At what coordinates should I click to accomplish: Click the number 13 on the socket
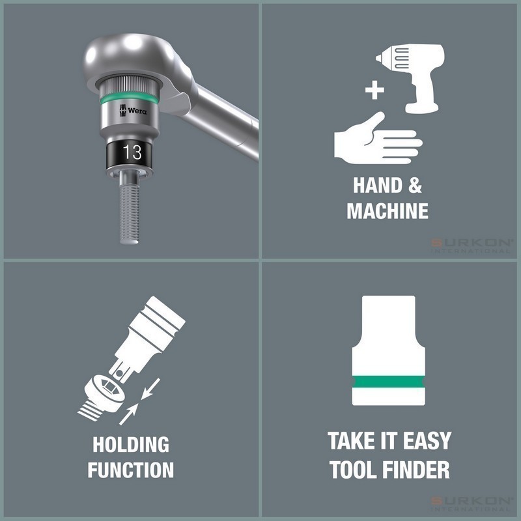coord(132,153)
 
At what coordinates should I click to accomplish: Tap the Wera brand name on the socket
coord(136,111)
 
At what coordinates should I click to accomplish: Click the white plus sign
coord(374,91)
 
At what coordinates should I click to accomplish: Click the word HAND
coord(378,186)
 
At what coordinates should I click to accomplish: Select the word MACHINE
coord(387,211)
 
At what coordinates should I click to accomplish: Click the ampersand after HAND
coord(415,186)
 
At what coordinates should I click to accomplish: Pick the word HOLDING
coord(131,445)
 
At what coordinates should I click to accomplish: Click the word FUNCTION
coord(131,470)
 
